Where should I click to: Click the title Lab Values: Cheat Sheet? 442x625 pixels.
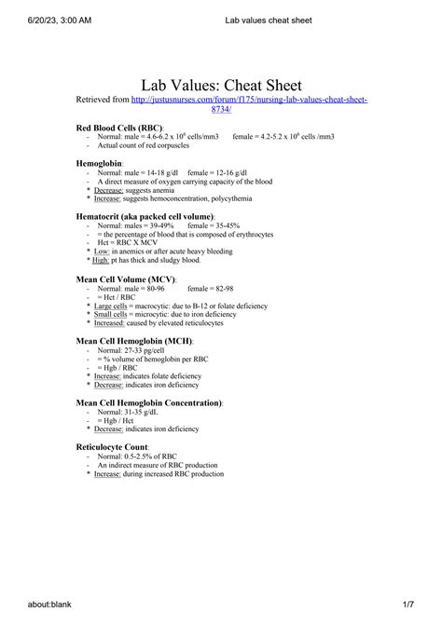coord(221,86)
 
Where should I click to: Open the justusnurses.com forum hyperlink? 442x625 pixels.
coord(249,100)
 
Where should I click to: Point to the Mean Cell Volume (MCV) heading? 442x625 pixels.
coord(129,279)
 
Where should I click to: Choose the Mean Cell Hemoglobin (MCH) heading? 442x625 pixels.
coord(133,341)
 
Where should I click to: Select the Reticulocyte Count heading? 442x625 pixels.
coord(114,447)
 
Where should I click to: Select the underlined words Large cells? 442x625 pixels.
coord(111,306)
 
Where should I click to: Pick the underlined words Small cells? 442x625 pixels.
coord(111,315)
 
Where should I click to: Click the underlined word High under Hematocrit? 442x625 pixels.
coord(102,261)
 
